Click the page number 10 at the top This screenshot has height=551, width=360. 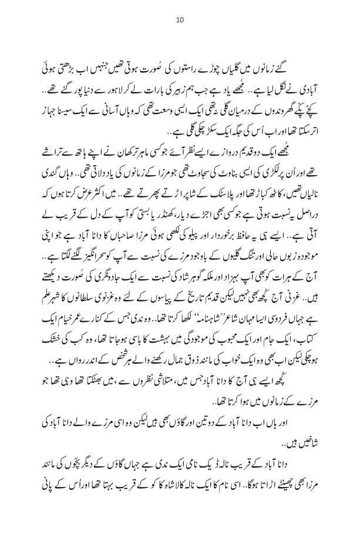click(180, 21)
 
